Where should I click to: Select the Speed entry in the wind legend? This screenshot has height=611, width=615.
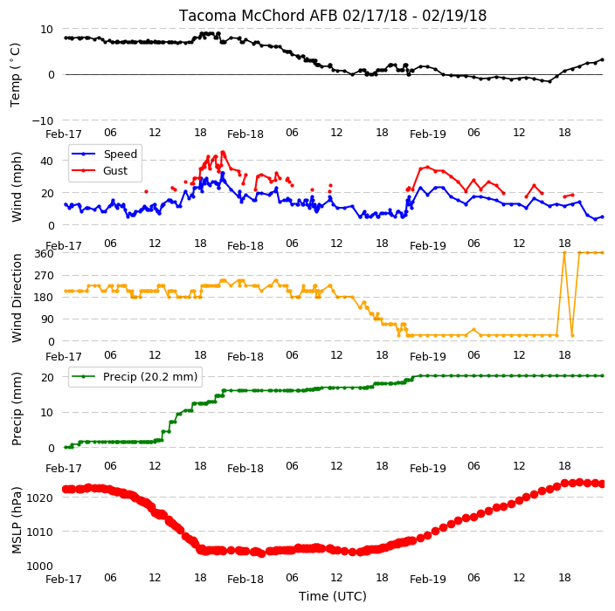pos(120,154)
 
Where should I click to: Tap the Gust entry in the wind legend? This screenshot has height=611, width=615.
pos(115,171)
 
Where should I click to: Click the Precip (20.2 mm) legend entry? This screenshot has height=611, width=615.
pos(150,376)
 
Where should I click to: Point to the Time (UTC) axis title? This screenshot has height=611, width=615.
pos(333,596)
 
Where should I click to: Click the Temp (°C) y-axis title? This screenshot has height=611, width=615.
pos(16,75)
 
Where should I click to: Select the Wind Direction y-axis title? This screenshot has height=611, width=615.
pos(17,298)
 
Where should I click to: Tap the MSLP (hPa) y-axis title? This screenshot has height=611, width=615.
pos(17,520)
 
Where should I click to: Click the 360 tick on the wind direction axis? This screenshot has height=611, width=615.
pos(44,254)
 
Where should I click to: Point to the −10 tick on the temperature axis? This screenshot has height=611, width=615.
pos(43,120)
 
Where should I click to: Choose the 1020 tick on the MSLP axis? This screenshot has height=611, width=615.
pos(40,498)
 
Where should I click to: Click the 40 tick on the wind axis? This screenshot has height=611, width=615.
pos(46,161)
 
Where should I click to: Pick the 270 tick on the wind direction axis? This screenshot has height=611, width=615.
pos(44,276)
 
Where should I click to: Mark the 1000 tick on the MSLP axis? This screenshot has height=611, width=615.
pos(40,566)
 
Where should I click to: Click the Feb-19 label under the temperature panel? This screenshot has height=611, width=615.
pos(428,134)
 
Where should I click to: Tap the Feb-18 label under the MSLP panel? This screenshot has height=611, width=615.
pos(245,579)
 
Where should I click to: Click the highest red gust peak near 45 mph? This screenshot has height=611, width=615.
pos(223,152)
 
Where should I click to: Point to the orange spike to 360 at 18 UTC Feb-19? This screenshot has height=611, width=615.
pos(565,253)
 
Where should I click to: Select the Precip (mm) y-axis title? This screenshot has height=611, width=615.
pos(17,408)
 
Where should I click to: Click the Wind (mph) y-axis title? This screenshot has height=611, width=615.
pos(17,187)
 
